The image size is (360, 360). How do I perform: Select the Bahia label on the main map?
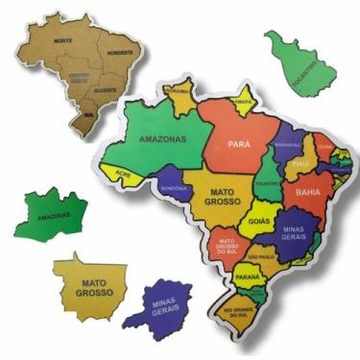[309, 192]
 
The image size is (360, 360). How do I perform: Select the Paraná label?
[248, 277]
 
